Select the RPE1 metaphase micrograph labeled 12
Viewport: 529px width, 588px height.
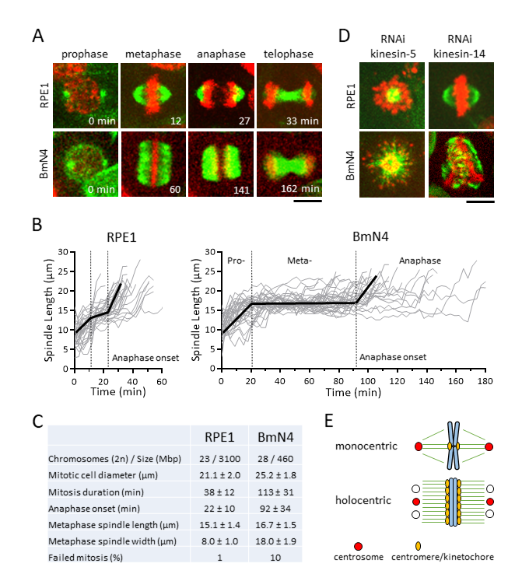click(153, 96)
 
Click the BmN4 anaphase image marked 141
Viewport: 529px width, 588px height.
click(220, 164)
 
